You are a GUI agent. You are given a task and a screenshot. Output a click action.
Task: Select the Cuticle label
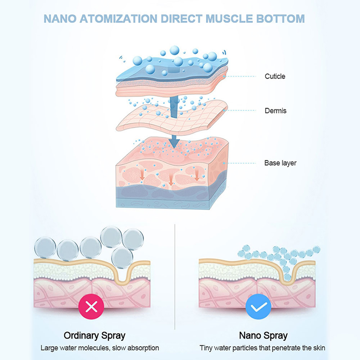[x=274, y=76]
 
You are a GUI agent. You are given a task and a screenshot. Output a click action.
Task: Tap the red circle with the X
[x=91, y=308]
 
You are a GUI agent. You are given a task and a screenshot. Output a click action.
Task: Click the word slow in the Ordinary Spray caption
[x=120, y=348]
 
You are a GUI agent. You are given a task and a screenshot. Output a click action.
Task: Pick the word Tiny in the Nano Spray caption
[x=207, y=348]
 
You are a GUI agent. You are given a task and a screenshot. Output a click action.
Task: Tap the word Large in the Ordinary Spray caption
[x=49, y=348]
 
